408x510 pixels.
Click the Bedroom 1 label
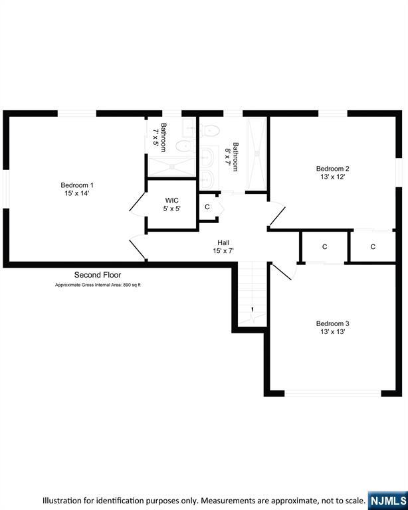coord(77,185)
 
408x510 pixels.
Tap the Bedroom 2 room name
coord(332,169)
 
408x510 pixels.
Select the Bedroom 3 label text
coord(332,323)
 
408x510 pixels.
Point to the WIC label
coord(172,200)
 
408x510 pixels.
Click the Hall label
coord(223,242)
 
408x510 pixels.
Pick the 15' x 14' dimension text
coord(77,193)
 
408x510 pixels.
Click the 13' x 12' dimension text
coord(332,177)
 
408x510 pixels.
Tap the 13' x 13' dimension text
coord(332,332)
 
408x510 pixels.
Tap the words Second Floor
coord(98,274)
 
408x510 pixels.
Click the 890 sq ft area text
coord(130,285)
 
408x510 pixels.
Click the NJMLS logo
coord(387,499)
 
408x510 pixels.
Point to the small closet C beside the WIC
coord(207,207)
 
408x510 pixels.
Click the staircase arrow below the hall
coord(253,311)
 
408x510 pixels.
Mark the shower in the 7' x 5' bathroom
coord(171,166)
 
